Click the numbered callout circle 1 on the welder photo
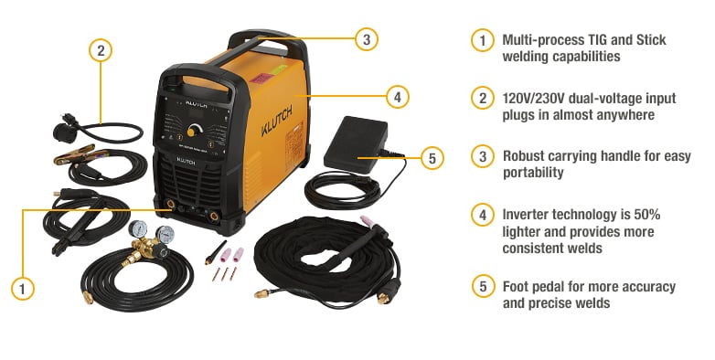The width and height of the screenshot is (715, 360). tap(24, 289)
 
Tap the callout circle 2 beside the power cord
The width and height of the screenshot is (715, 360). tap(101, 50)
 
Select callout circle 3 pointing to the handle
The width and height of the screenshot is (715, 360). tap(365, 39)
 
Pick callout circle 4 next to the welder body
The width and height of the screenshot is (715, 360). tap(395, 95)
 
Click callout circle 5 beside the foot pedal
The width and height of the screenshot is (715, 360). tap(432, 158)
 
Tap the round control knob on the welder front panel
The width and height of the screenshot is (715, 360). tap(197, 127)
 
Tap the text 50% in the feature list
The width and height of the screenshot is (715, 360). tap(641, 214)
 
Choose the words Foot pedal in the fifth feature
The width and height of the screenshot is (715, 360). tap(537, 287)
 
